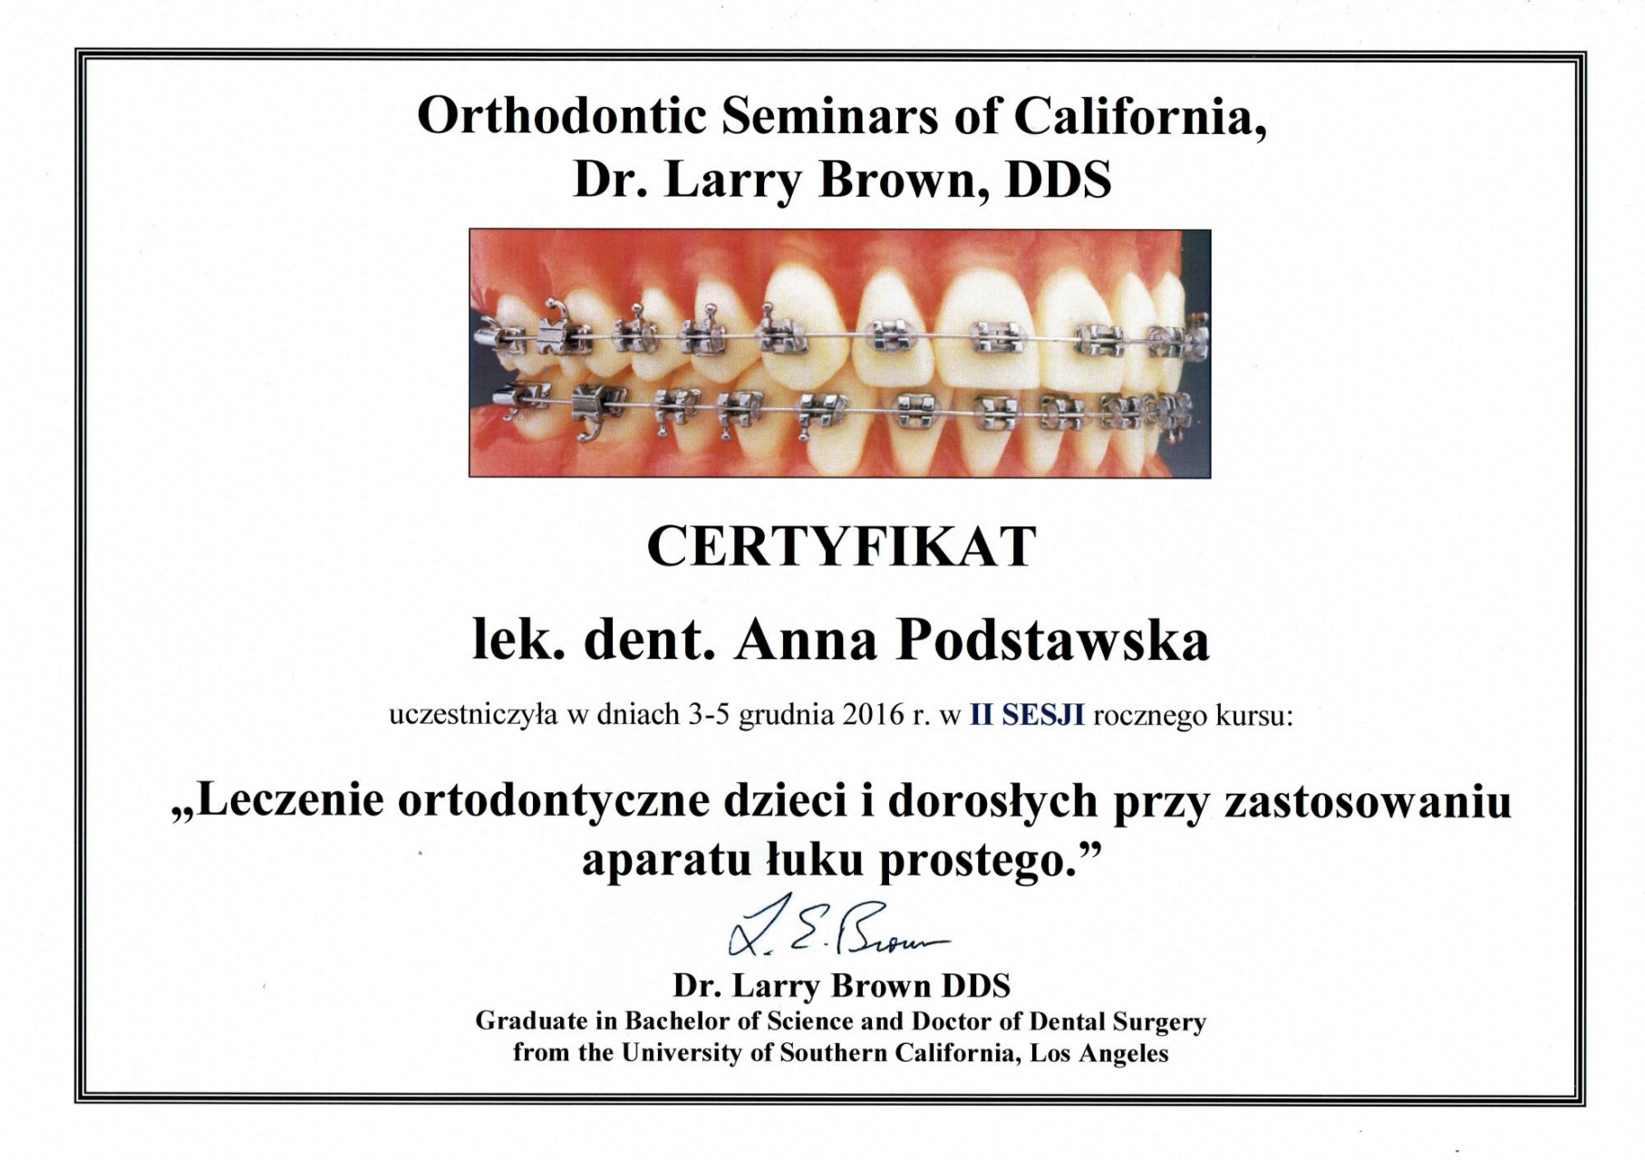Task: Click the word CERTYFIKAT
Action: [841, 546]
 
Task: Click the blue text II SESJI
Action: [1027, 715]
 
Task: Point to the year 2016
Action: [874, 715]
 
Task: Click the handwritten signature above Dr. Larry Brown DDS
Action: [837, 926]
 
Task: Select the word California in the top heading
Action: [1139, 117]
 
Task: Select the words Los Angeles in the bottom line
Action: [1099, 1053]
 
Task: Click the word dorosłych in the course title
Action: [993, 802]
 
